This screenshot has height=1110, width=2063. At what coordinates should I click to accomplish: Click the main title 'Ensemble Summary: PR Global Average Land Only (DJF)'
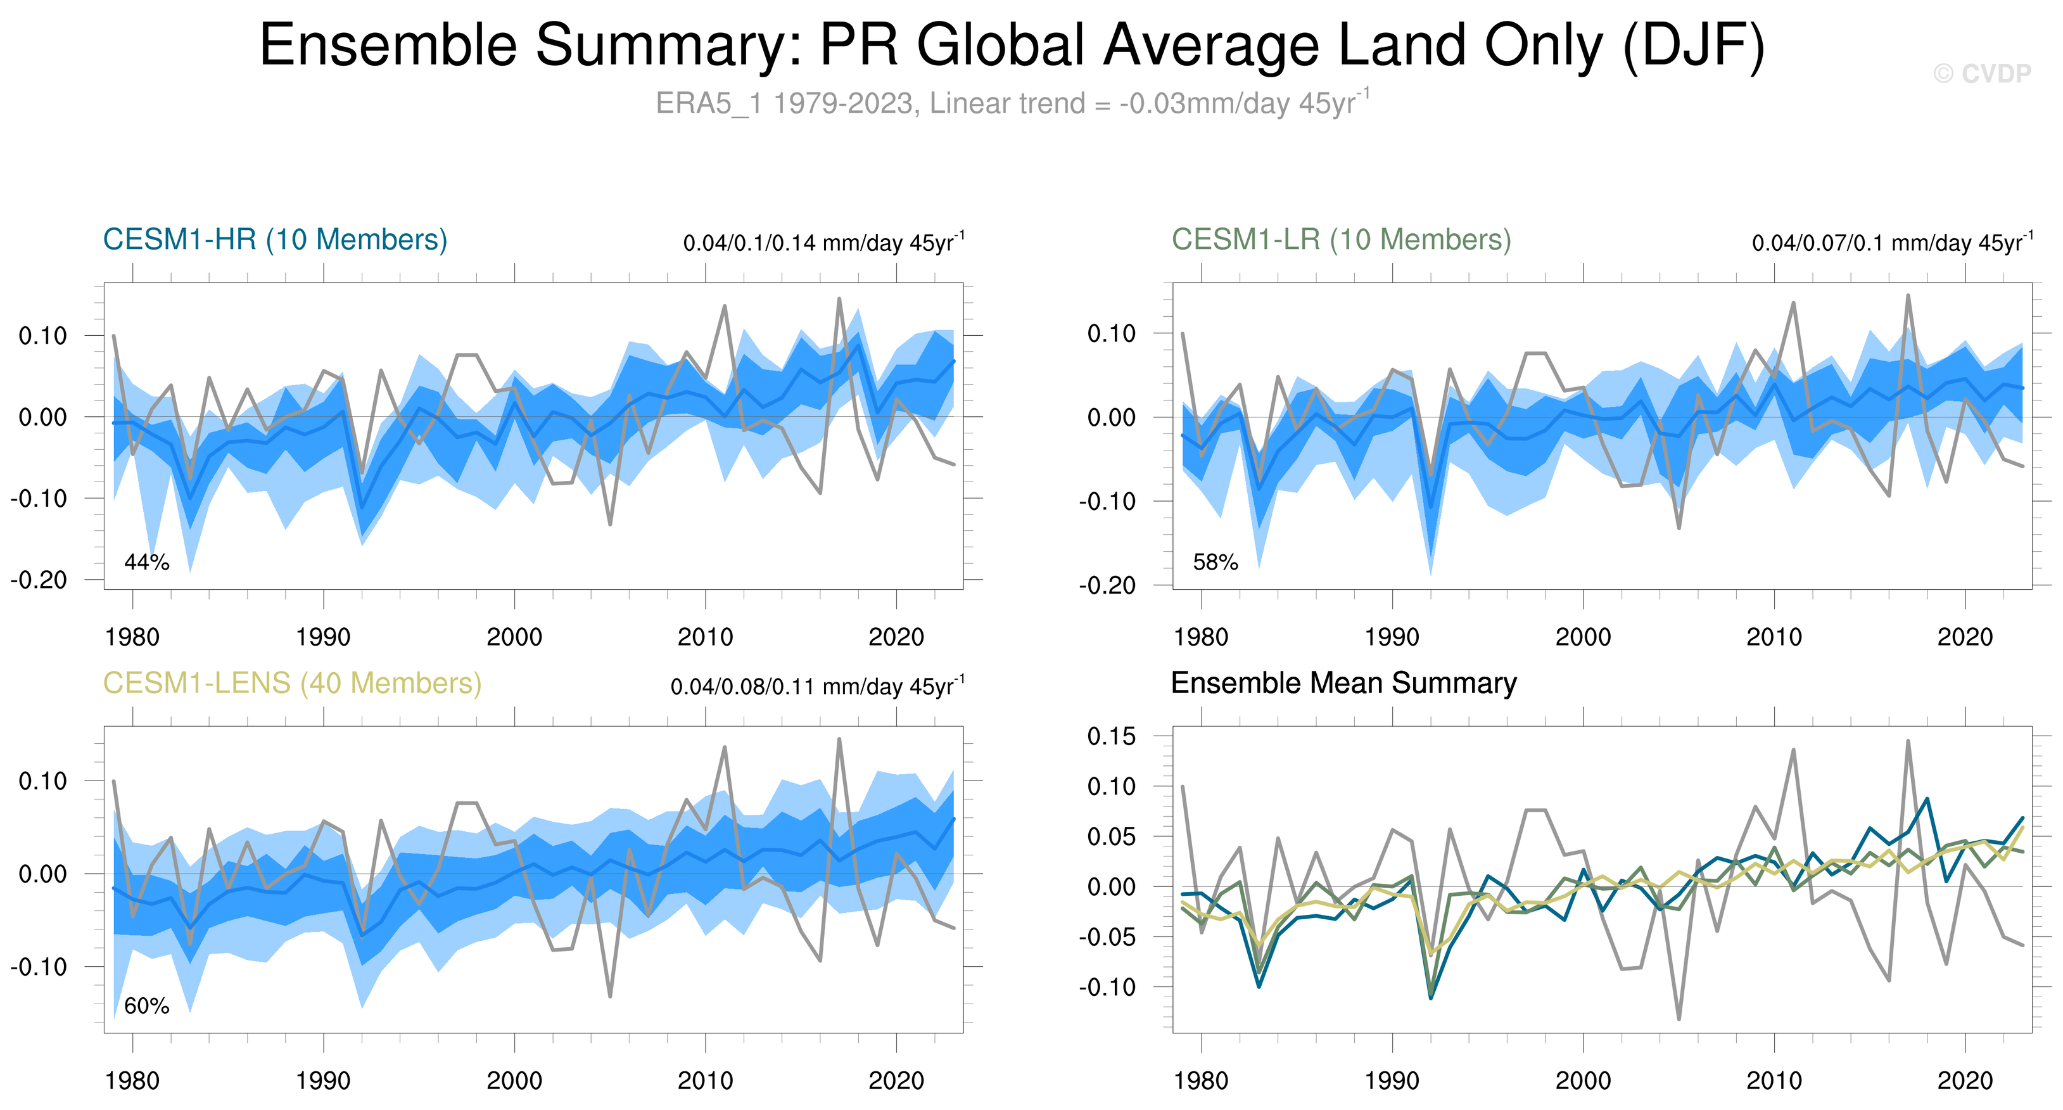pos(1012,45)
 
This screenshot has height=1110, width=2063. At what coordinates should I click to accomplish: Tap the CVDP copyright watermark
pos(1982,73)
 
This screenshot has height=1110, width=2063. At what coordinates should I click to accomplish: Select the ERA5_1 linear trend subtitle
pos(1012,103)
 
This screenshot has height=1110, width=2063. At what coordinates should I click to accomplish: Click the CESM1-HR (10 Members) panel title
pos(275,239)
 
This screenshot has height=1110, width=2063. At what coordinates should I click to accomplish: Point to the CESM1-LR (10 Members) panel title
pos(1342,239)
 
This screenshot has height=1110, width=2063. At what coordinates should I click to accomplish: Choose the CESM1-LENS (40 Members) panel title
pos(292,683)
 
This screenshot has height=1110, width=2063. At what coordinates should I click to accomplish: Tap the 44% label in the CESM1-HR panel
pos(146,562)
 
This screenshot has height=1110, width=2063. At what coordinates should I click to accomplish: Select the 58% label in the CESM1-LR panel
pos(1215,562)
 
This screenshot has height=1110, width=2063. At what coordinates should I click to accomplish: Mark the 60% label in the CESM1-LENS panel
pos(146,1006)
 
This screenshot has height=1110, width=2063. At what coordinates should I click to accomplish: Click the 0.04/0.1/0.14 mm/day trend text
pos(823,243)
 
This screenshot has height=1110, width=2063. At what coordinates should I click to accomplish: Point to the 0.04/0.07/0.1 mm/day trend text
pos(1891,243)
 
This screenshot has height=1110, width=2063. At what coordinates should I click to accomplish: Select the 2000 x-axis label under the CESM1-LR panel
pos(1582,637)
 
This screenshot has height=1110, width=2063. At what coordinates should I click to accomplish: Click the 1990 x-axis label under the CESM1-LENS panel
pos(323,1081)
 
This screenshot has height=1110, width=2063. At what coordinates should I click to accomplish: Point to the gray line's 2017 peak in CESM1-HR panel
pos(839,300)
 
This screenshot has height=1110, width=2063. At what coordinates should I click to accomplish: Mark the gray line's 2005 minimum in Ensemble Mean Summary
pos(1679,1019)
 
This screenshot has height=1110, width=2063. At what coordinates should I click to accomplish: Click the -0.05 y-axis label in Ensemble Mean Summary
pos(1106,937)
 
